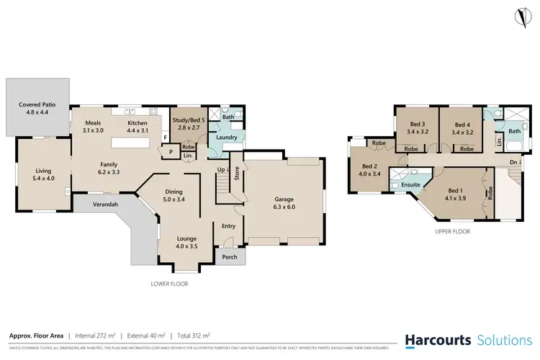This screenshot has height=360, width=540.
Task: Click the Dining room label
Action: (x=174, y=195)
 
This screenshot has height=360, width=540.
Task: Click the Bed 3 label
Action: (x=418, y=127)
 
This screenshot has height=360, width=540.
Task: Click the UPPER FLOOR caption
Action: (x=452, y=232)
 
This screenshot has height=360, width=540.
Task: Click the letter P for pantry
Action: (x=170, y=152)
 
